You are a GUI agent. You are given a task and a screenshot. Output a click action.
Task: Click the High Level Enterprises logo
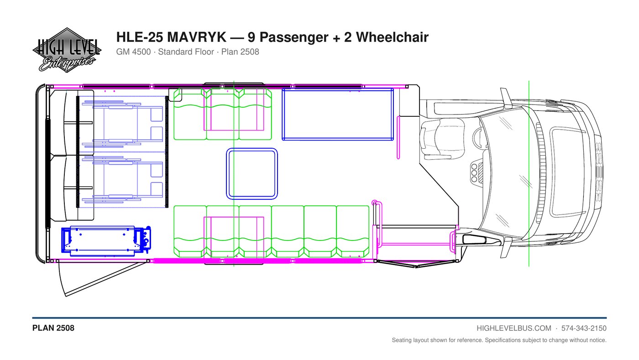67,50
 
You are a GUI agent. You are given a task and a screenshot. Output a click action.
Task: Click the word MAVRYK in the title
197,37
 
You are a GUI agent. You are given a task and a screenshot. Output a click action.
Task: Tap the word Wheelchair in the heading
392,37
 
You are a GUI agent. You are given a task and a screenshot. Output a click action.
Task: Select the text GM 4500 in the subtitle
133,52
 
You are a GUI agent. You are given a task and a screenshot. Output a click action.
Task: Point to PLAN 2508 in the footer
53,328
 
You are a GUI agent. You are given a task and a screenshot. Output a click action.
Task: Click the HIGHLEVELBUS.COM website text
514,329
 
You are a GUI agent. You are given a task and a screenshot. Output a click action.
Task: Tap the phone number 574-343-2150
584,329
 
